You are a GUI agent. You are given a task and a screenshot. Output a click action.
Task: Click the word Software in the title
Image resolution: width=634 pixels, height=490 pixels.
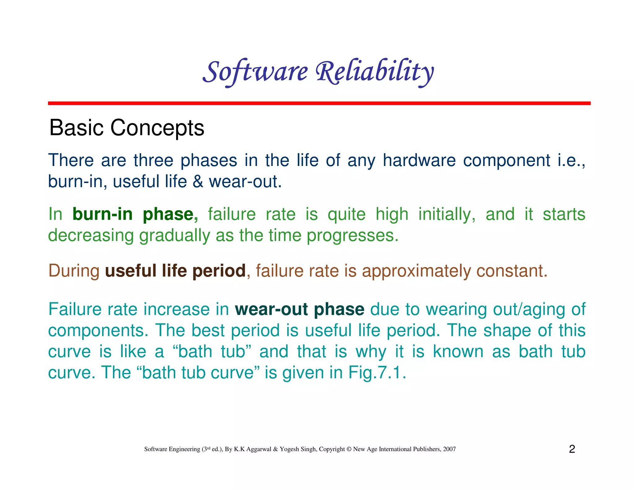[255, 72]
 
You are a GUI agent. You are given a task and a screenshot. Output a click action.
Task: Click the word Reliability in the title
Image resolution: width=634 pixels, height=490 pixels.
[375, 72]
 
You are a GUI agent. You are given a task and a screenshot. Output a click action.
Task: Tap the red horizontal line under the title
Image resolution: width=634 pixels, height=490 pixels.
[319, 103]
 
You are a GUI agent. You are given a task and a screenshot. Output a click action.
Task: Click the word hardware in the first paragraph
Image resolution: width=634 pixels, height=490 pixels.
[419, 160]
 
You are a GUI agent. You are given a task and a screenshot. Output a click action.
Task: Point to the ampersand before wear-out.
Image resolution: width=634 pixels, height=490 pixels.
[198, 182]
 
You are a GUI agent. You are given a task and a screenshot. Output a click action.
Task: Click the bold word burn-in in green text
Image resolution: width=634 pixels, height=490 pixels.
[102, 214]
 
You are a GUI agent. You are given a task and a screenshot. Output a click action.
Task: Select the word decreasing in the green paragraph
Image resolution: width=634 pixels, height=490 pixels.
[91, 235]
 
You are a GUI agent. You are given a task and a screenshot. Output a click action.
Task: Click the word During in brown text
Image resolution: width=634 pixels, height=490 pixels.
[74, 271]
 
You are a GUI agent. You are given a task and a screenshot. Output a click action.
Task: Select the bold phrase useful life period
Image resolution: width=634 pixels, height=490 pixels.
[175, 271]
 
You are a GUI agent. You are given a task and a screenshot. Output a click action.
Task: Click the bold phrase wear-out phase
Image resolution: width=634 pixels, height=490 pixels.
[299, 309]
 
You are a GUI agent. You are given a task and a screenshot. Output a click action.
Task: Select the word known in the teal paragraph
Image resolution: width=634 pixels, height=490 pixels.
[458, 352]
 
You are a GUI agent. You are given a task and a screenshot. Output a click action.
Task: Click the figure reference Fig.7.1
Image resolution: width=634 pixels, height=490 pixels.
[377, 373]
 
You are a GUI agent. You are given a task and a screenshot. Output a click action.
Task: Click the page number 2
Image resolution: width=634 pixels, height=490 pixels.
[572, 449]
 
